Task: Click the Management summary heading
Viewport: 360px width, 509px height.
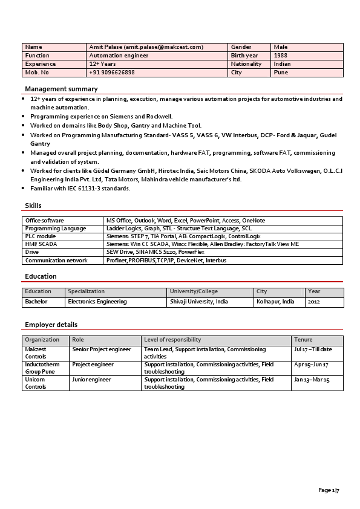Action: tap(61, 89)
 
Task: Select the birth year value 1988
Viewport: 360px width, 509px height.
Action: tap(281, 56)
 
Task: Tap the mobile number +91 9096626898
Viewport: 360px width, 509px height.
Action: tap(112, 73)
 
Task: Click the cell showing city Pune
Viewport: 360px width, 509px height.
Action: tap(281, 73)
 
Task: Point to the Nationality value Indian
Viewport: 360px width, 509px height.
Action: tap(283, 64)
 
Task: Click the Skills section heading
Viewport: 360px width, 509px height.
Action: tap(33, 206)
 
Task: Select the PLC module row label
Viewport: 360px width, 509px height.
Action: tap(41, 236)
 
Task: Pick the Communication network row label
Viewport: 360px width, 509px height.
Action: tap(56, 261)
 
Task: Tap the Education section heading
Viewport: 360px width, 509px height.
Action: tap(41, 276)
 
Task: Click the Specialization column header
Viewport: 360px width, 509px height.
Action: tap(86, 291)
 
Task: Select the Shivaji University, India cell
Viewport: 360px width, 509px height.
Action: tap(199, 302)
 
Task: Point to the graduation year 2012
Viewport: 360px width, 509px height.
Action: tap(313, 302)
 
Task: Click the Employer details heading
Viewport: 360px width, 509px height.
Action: tap(51, 325)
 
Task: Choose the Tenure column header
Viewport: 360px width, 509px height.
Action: tap(303, 340)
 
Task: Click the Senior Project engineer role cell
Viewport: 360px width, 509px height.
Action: tap(102, 349)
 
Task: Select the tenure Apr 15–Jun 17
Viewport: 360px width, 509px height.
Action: tap(311, 365)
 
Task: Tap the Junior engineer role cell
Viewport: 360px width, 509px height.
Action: tap(91, 380)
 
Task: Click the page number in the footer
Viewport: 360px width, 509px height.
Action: tap(329, 490)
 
